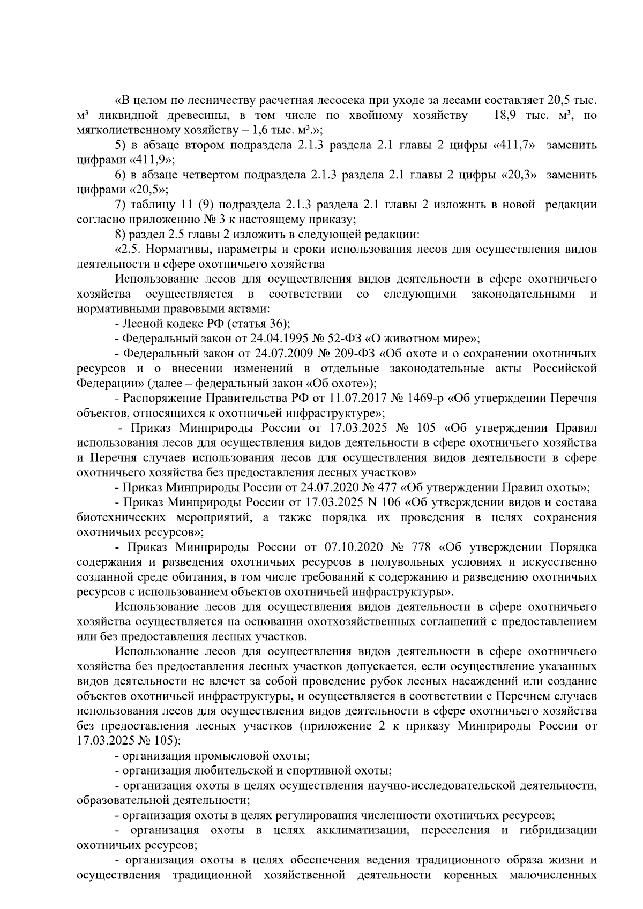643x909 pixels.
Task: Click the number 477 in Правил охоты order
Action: pyautogui.click(x=379, y=488)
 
